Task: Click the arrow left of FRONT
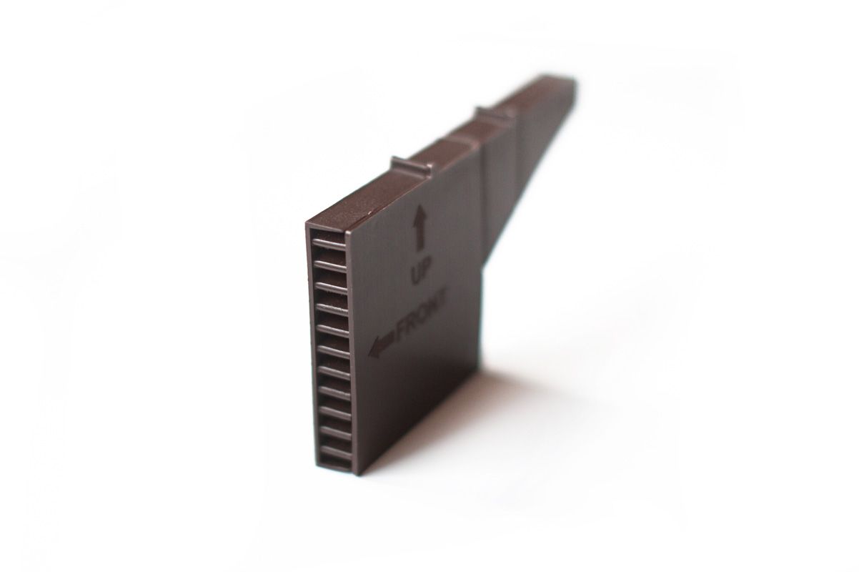(382, 344)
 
